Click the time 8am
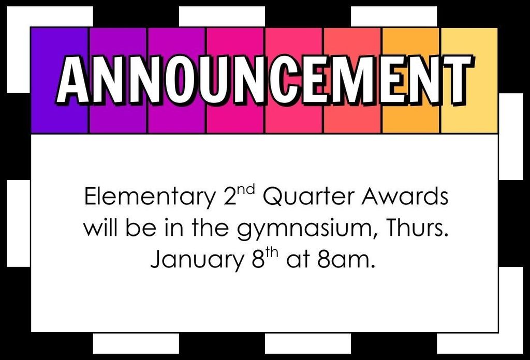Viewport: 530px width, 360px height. (x=346, y=260)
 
